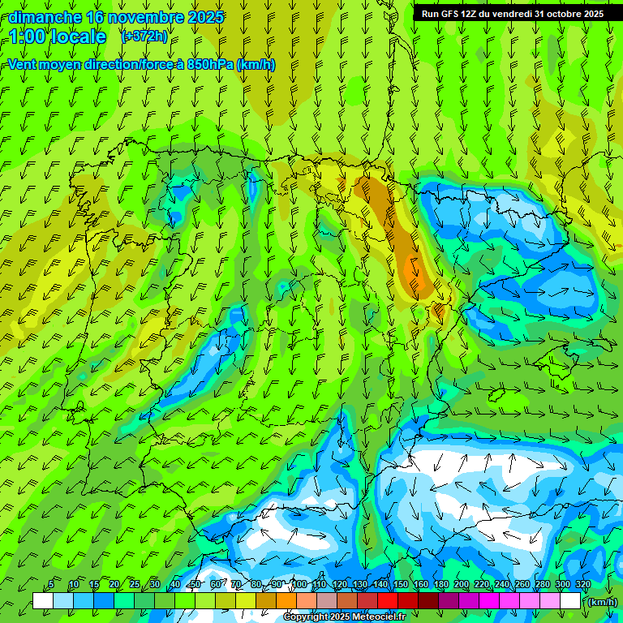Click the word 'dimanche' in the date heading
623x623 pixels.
click(x=45, y=17)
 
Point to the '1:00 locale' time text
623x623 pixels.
click(x=58, y=37)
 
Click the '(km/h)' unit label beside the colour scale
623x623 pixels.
click(x=602, y=601)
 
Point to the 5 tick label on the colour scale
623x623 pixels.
click(x=51, y=585)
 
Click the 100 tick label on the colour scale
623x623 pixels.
click(x=299, y=585)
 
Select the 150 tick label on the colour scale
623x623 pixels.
click(x=401, y=585)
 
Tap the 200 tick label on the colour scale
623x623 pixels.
click(x=462, y=585)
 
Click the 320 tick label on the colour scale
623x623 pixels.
click(x=582, y=585)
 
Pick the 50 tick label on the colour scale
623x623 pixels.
click(x=195, y=585)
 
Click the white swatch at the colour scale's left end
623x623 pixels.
click(x=43, y=601)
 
